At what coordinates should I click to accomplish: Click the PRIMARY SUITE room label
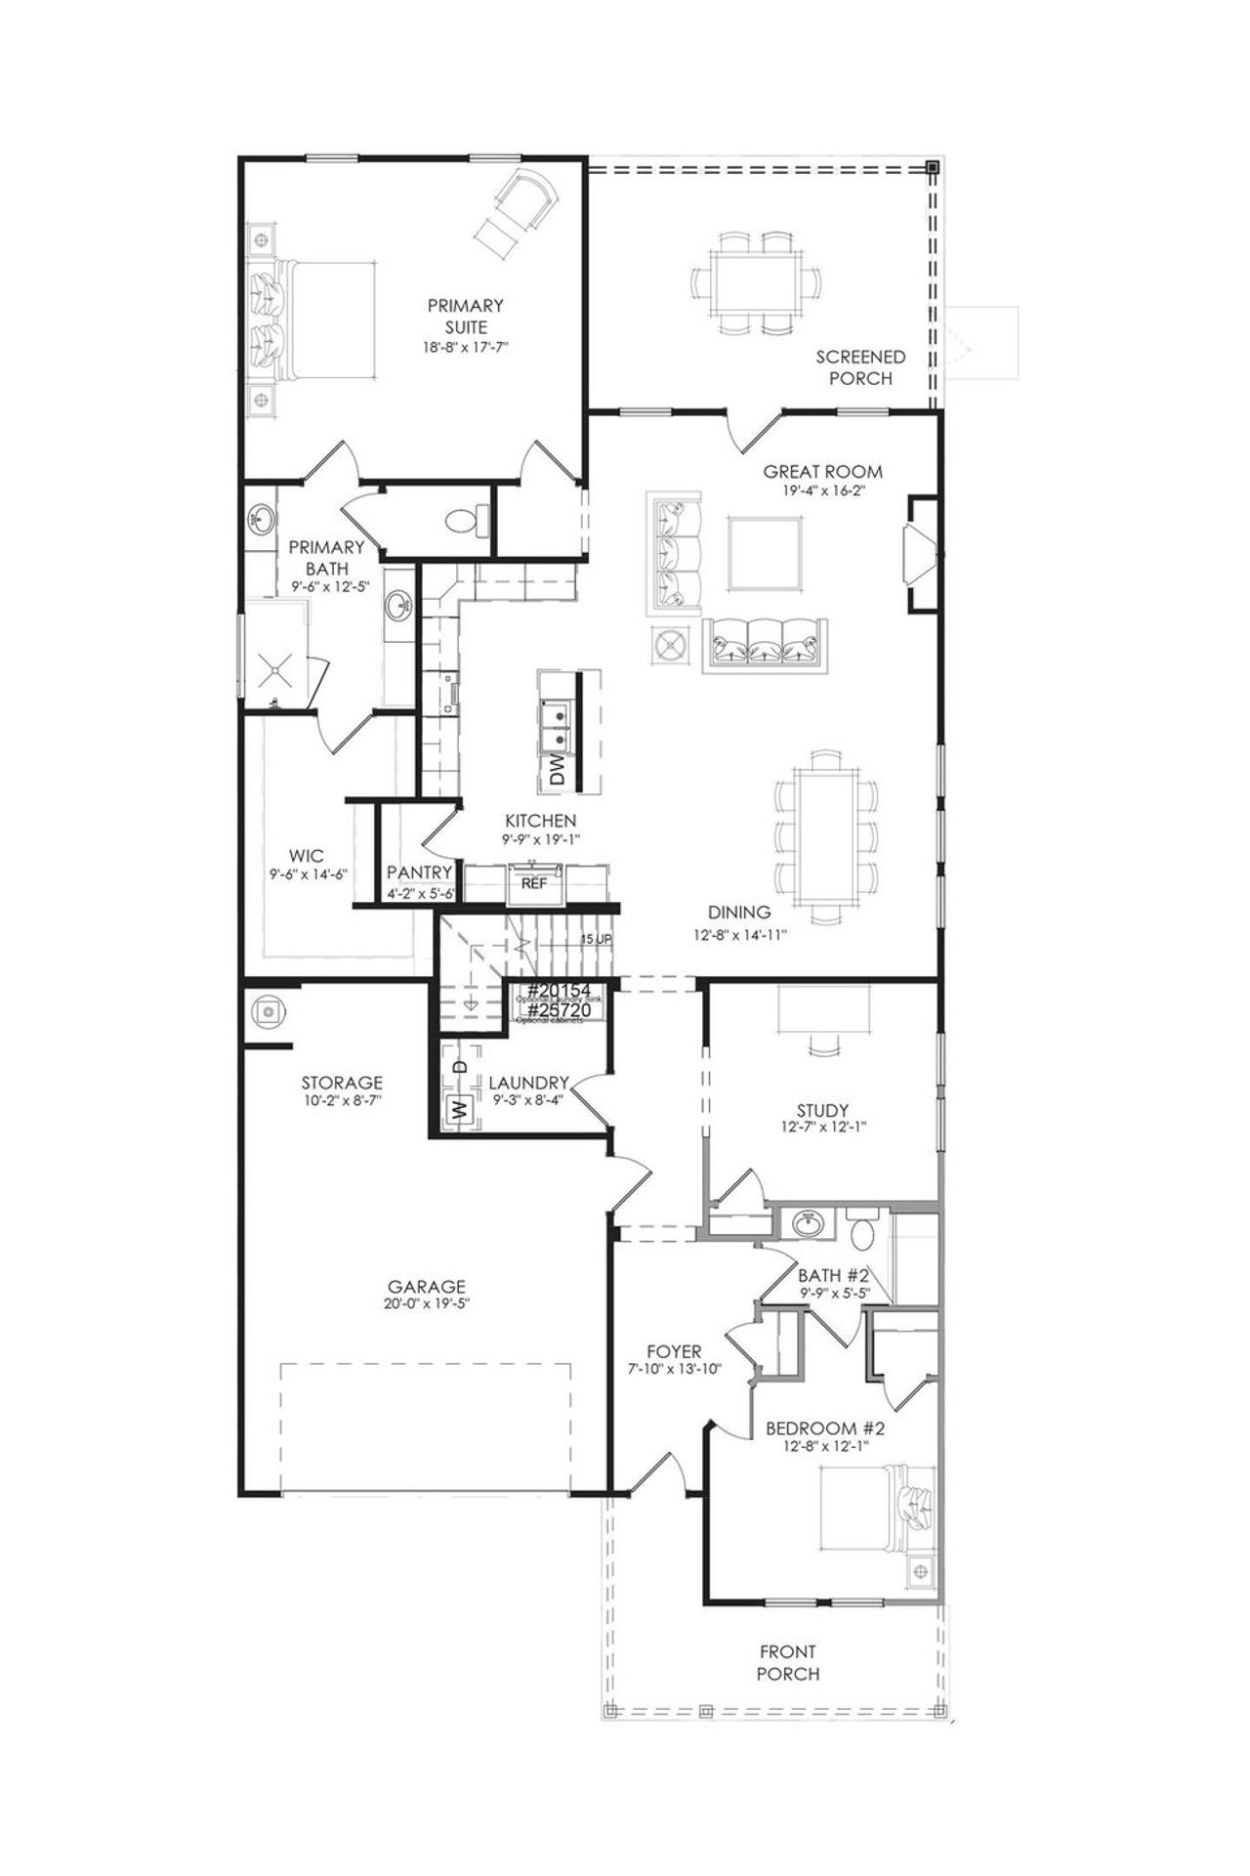click(465, 317)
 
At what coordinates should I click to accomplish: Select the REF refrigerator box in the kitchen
click(533, 882)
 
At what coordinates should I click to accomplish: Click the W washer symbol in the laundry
click(456, 1109)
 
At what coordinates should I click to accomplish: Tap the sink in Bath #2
click(807, 1221)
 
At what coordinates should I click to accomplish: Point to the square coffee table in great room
click(767, 554)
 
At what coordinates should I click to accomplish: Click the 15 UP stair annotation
click(596, 939)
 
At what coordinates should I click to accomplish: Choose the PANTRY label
click(419, 872)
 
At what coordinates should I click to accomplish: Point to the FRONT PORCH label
click(788, 1663)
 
